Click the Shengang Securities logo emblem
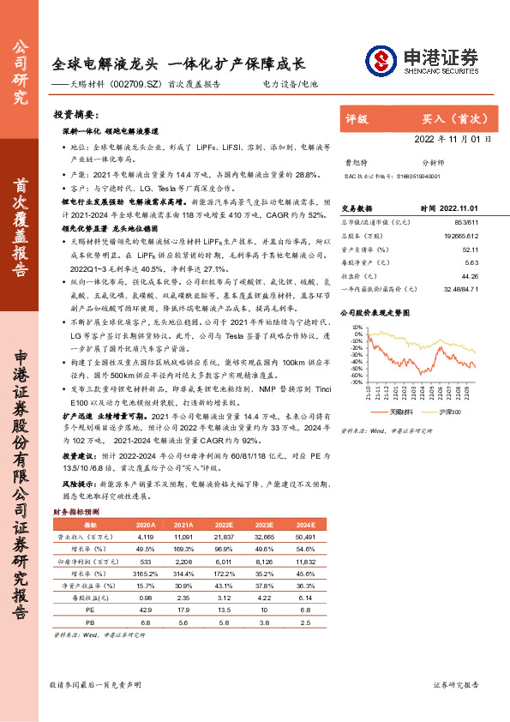click(x=380, y=60)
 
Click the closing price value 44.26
click(x=468, y=276)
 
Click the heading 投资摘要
click(x=76, y=114)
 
